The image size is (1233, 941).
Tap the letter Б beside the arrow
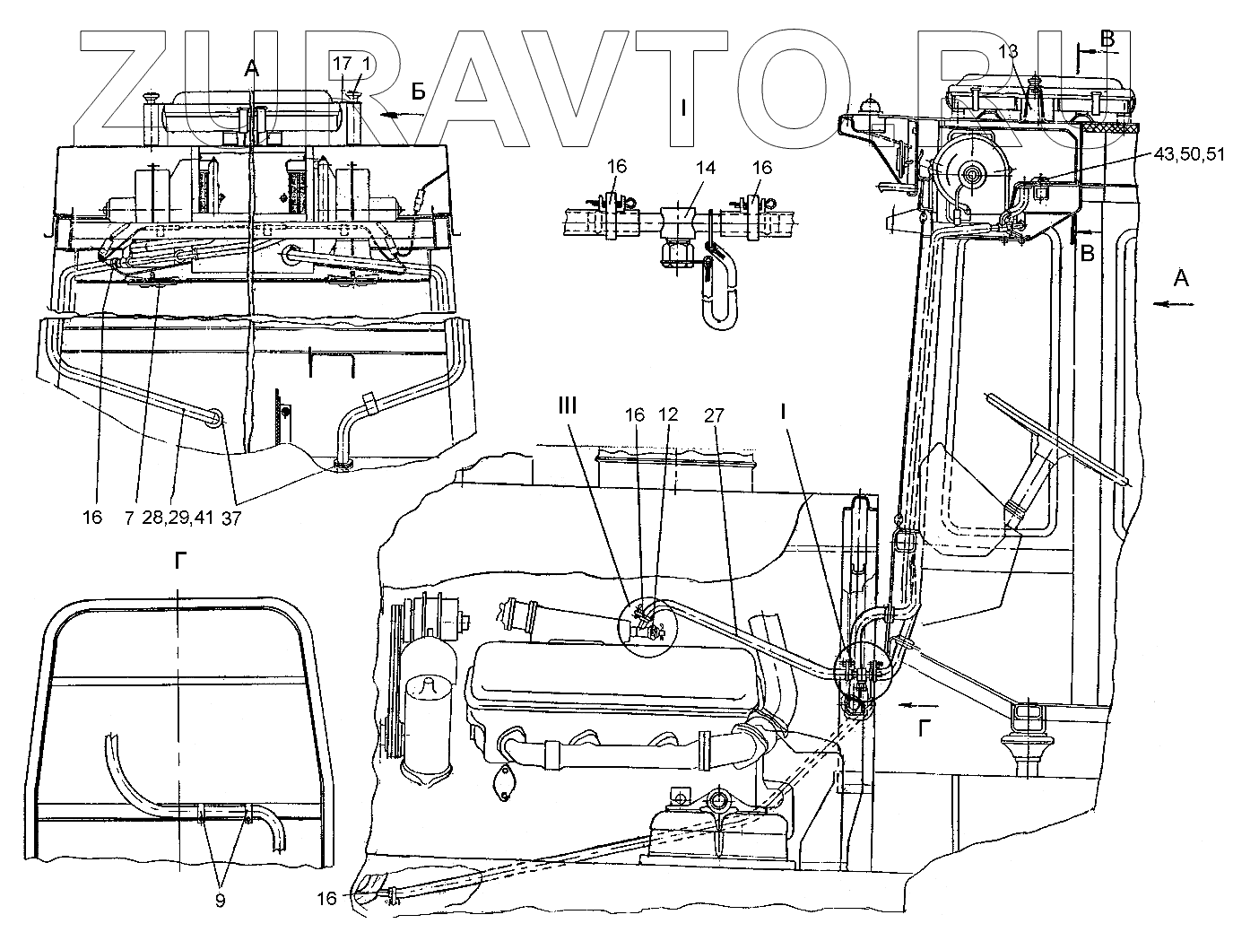pos(418,90)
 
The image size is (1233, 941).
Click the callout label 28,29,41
pos(178,518)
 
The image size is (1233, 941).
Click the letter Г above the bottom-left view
pos(181,562)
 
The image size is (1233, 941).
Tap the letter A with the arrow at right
pos(1181,279)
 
